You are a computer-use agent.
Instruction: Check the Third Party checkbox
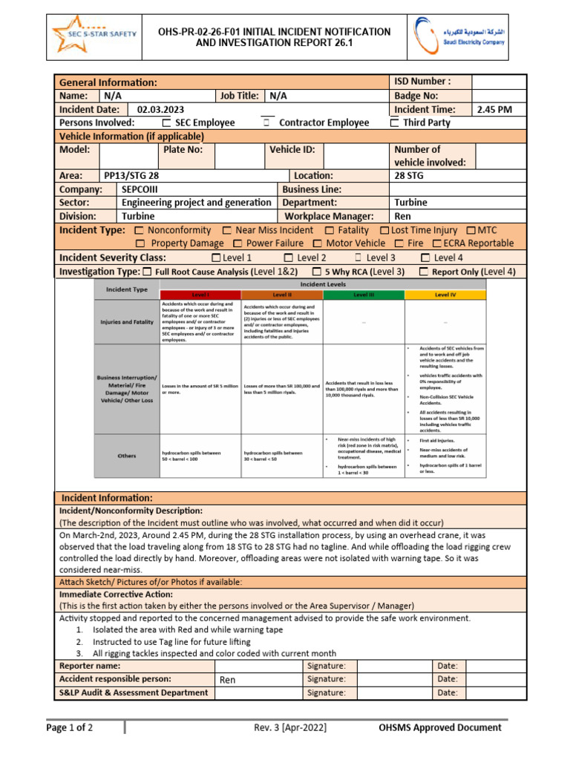pos(396,122)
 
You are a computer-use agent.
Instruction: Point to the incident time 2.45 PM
pos(494,109)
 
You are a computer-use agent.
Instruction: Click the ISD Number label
pos(422,82)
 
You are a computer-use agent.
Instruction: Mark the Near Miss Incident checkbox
pos(228,231)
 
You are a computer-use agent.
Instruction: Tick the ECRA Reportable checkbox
pos(437,243)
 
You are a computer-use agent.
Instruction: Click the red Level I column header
pos(200,295)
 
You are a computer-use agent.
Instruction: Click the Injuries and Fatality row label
pos(127,322)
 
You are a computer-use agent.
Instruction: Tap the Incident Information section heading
pos(107,497)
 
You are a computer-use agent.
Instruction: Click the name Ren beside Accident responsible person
pos(227,680)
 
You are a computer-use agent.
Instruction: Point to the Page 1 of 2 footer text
pos(70,727)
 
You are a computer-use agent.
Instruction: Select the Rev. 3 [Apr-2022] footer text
pos(289,727)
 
